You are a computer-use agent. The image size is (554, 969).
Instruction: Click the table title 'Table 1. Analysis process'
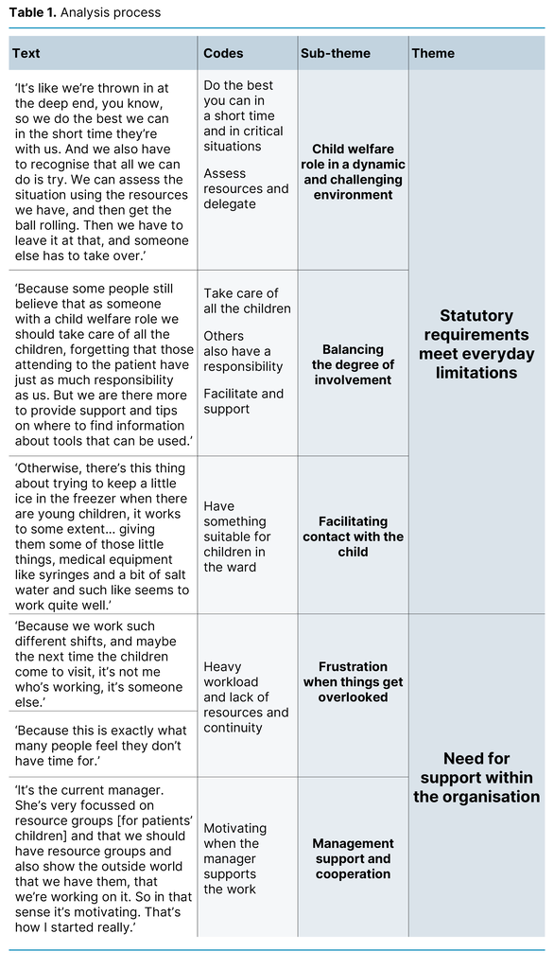coord(85,13)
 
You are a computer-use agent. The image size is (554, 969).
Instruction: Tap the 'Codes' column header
coord(223,54)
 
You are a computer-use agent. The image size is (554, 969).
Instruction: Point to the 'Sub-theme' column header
coord(336,54)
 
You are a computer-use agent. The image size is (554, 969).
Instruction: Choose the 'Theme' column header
coord(433,54)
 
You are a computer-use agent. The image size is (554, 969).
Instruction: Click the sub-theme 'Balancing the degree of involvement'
coord(353,364)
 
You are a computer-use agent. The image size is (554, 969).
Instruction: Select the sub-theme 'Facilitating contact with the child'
coord(353,537)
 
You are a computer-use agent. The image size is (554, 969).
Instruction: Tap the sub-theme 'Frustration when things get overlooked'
coord(353,681)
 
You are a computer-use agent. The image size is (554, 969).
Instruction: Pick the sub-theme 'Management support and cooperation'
coord(353,858)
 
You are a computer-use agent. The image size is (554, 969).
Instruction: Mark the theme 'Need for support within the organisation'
coord(476,777)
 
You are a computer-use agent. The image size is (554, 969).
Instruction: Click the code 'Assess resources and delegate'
coord(246,188)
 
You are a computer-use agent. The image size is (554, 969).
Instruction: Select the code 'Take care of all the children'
coord(247,301)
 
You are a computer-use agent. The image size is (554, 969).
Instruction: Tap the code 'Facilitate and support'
coord(243,401)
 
